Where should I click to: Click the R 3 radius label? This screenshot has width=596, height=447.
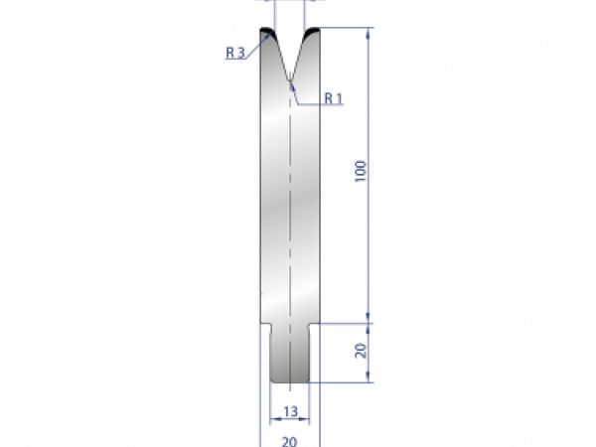click(235, 54)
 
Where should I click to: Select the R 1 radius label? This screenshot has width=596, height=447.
click(333, 97)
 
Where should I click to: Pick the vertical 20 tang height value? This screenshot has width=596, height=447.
click(361, 350)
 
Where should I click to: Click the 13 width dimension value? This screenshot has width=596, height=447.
click(289, 411)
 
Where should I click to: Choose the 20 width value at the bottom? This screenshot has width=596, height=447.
click(289, 437)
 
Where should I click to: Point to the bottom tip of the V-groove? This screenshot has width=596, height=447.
click(290, 79)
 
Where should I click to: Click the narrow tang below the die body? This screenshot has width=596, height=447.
click(289, 353)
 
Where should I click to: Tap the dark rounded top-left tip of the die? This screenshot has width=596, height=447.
click(266, 33)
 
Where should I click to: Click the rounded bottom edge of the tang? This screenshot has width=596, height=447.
click(289, 380)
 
